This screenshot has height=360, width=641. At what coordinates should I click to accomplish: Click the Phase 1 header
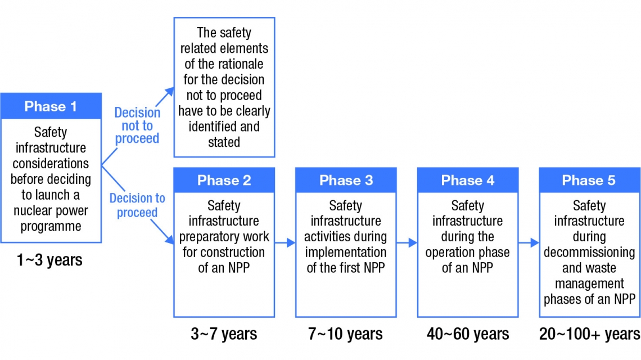(51, 106)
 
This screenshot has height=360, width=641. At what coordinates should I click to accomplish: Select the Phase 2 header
(224, 181)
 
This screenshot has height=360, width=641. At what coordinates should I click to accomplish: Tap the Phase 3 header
(346, 181)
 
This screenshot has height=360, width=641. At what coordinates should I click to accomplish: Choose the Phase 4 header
(468, 181)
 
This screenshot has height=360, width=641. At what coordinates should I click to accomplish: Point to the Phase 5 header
(589, 181)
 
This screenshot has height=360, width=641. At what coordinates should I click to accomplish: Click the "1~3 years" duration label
(49, 260)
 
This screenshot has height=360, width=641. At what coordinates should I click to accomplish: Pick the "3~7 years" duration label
(224, 334)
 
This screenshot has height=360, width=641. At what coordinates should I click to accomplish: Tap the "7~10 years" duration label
(345, 334)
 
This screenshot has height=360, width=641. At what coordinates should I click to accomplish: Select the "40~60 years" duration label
(468, 334)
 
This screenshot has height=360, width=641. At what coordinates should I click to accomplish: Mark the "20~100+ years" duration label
(589, 334)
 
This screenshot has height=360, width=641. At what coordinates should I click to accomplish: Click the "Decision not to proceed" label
(137, 125)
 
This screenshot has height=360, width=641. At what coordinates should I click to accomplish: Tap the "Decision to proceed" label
(137, 205)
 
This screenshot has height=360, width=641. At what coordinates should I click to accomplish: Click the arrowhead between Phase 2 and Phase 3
(291, 242)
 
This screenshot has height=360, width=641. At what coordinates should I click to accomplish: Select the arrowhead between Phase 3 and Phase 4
(413, 242)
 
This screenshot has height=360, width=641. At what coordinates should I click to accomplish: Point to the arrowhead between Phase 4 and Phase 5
(535, 242)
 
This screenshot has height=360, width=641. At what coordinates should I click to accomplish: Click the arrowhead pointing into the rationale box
(169, 92)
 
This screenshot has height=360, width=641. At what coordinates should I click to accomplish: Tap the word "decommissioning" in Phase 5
(589, 253)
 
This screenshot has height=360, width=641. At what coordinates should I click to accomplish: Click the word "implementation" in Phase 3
(346, 253)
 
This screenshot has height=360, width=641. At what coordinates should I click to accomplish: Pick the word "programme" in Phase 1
(51, 227)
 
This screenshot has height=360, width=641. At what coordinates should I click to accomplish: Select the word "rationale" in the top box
(238, 64)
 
